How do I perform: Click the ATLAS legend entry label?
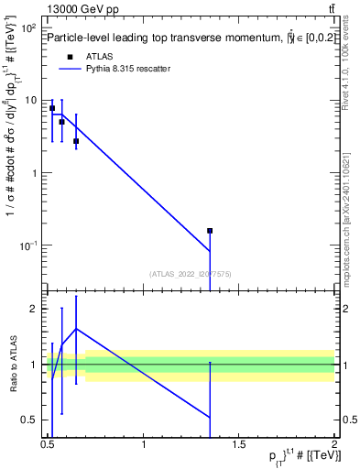(100, 55)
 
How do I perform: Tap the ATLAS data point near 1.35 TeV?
(210, 231)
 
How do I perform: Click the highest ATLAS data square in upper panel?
(52, 108)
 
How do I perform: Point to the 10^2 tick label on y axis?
(28, 28)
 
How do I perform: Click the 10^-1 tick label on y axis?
(28, 245)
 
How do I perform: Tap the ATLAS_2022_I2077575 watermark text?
(191, 273)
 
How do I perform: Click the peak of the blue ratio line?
(76, 328)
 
